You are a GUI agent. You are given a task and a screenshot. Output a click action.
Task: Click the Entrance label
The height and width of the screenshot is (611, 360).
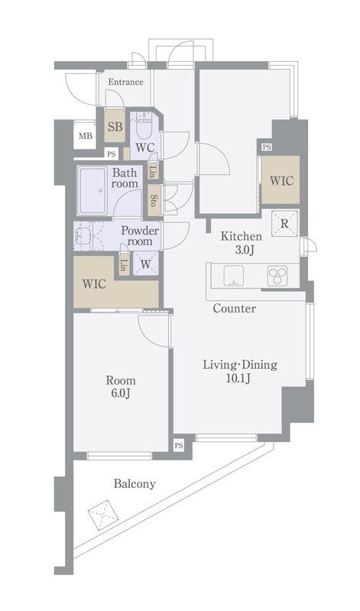[125, 82]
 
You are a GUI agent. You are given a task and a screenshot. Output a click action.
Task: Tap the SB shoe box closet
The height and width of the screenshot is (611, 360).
[115, 126]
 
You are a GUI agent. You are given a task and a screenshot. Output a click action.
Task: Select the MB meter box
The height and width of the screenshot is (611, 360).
[86, 136]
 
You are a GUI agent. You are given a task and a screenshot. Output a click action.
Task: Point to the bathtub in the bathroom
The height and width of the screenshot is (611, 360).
[92, 190]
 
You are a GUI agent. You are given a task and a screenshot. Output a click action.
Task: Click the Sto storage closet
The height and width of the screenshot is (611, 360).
[154, 200]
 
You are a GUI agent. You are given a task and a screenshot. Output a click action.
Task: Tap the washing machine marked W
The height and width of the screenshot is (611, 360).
[145, 263]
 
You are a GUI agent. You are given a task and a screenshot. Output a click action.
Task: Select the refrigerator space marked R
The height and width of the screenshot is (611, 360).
[285, 223]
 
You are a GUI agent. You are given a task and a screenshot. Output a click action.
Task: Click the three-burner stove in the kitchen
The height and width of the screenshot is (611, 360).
[277, 276]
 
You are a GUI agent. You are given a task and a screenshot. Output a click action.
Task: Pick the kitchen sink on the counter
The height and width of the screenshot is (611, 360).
[234, 276]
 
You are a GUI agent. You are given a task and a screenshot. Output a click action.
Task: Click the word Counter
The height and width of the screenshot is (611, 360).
[235, 309]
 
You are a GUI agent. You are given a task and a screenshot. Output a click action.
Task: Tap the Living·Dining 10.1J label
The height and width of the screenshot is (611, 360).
[240, 371]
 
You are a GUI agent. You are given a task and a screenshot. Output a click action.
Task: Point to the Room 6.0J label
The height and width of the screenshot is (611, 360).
[121, 386]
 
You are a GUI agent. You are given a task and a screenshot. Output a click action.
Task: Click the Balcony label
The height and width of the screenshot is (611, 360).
[135, 484]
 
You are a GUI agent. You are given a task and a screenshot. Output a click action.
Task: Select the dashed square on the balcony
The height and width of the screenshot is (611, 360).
[103, 514]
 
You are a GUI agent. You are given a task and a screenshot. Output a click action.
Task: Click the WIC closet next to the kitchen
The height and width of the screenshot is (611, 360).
[281, 179]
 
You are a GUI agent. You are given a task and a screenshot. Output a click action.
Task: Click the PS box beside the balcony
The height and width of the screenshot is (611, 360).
[179, 445]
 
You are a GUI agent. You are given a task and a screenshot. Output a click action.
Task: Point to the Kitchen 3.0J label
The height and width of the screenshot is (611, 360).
[242, 243]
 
